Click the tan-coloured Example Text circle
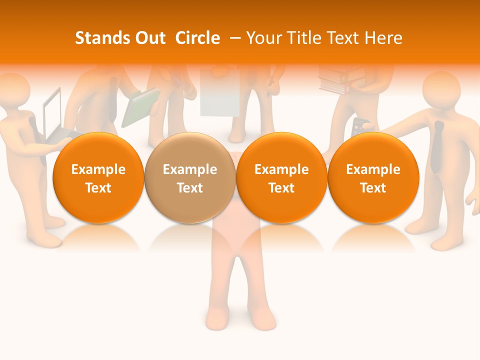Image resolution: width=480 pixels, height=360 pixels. (x=189, y=177)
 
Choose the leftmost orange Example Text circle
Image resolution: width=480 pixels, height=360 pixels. (x=98, y=177)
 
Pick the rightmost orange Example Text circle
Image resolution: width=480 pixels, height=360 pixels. (x=373, y=177)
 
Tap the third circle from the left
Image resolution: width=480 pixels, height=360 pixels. (x=281, y=177)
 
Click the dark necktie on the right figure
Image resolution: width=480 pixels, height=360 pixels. (x=438, y=147)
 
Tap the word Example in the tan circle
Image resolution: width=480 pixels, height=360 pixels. (x=189, y=169)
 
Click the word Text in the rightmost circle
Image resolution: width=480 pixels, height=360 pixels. (x=373, y=187)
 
